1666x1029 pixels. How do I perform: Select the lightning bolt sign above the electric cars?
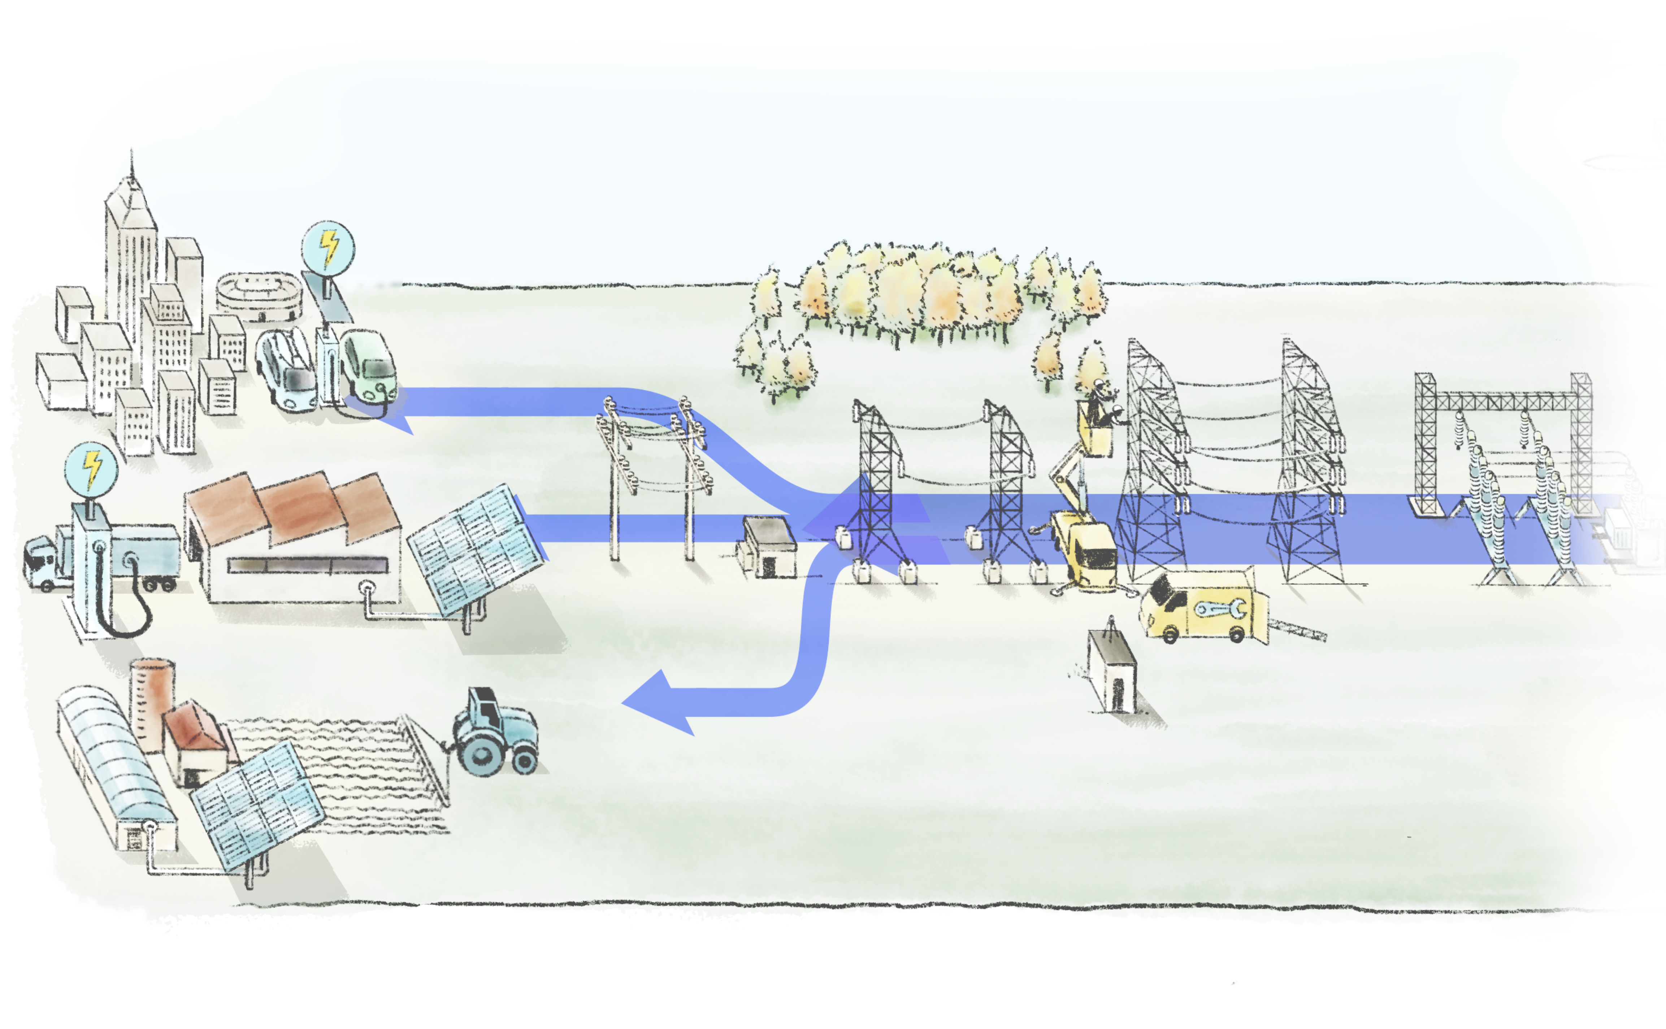(328, 247)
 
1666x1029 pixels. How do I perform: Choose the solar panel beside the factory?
(476, 548)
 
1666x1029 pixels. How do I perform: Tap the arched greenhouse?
(112, 762)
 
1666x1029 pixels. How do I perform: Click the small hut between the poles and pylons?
(768, 548)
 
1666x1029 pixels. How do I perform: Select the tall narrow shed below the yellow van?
(1113, 670)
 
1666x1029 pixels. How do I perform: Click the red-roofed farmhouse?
(198, 742)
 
